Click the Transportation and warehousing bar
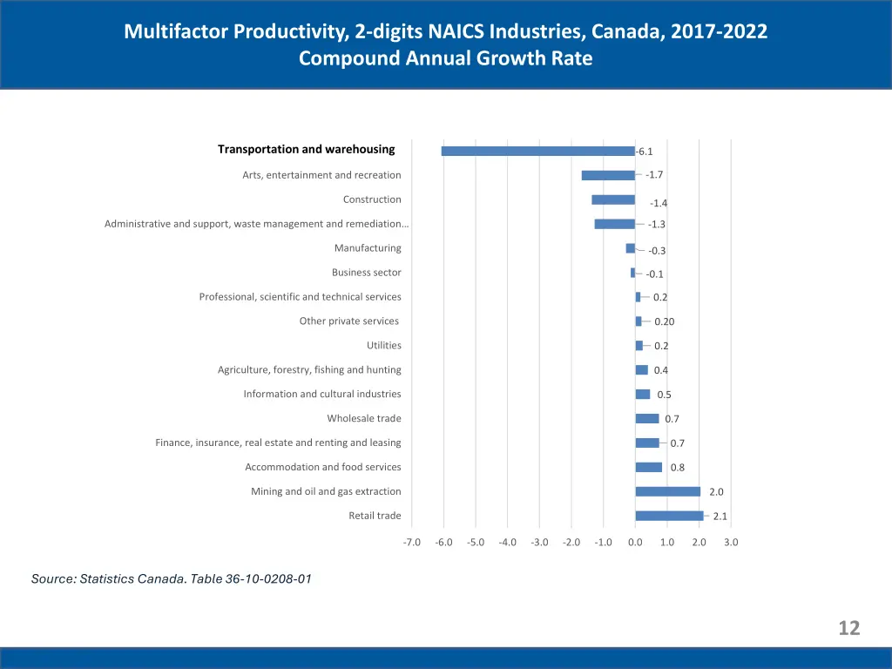[x=538, y=151]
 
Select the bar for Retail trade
[x=669, y=516]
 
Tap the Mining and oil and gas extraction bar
[x=668, y=491]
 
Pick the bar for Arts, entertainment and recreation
[x=608, y=175]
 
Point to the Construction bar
[x=613, y=199]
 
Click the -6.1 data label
[x=645, y=152]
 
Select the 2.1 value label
[x=720, y=517]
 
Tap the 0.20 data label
[x=665, y=321]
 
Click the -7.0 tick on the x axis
[x=412, y=542]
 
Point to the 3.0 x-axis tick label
[x=731, y=542]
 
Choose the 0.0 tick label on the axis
[x=635, y=542]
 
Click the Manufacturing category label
[x=368, y=248]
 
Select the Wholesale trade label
[x=364, y=418]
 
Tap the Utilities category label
[x=384, y=346]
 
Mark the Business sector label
[x=367, y=273]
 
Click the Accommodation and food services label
[x=323, y=467]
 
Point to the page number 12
[x=849, y=628]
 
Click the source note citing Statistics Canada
[x=172, y=578]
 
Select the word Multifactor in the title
[x=175, y=32]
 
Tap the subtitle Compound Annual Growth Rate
[x=445, y=58]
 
